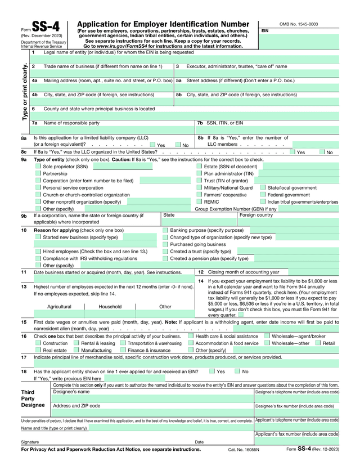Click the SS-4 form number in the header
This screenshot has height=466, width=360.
(x=45, y=26)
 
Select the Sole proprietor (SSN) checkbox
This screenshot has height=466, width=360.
(x=38, y=167)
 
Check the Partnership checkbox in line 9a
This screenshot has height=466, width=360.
(x=38, y=174)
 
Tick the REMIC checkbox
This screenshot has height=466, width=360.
(x=199, y=201)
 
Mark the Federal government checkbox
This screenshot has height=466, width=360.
(x=263, y=194)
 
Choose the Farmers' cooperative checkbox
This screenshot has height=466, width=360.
(x=199, y=194)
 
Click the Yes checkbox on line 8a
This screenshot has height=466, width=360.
(x=153, y=145)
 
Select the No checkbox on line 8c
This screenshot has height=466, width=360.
(x=322, y=152)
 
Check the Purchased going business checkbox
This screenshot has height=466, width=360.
(x=165, y=244)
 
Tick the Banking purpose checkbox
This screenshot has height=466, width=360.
(x=165, y=230)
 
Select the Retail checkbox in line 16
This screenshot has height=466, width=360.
(x=318, y=343)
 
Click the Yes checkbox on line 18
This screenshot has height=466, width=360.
(x=211, y=371)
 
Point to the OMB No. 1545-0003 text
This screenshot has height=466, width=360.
(x=298, y=24)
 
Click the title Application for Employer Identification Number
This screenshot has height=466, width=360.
(x=163, y=24)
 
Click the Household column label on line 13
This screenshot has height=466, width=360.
(x=110, y=307)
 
